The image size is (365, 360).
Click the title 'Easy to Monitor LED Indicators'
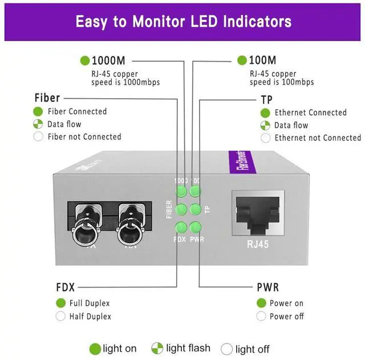(183, 21)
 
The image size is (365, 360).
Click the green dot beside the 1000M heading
(85, 60)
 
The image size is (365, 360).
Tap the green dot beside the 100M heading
(242, 60)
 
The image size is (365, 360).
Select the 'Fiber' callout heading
(47, 98)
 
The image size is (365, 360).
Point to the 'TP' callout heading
(266, 99)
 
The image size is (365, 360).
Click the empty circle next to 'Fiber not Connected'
(38, 136)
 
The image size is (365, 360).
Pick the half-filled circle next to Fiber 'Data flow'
(38, 124)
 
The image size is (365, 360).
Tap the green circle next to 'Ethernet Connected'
(265, 113)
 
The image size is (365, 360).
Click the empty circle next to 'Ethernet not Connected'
(265, 137)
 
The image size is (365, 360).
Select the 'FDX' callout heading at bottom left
(66, 287)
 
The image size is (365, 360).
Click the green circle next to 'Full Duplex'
(60, 303)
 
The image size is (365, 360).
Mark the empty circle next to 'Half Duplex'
(60, 316)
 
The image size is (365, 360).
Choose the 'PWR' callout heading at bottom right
(267, 287)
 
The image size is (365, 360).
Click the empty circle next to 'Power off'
(261, 316)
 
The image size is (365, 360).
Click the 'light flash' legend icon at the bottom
(157, 348)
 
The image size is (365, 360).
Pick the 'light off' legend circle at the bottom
(226, 349)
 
